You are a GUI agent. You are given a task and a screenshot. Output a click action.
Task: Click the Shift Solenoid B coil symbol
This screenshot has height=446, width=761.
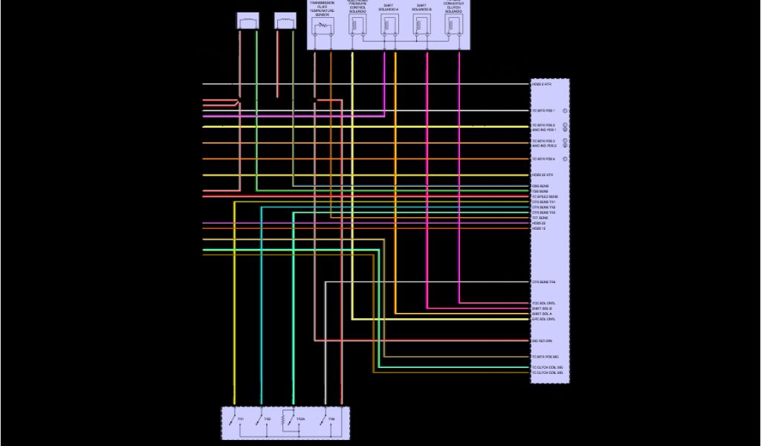(x=421, y=25)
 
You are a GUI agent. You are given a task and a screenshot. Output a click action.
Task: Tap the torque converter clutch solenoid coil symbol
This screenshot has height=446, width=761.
(x=453, y=25)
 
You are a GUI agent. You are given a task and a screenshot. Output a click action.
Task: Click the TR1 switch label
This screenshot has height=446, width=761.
(x=240, y=420)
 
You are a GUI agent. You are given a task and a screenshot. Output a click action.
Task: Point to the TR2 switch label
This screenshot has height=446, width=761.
(x=268, y=420)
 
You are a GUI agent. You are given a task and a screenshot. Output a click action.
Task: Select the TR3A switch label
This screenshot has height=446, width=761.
(x=300, y=420)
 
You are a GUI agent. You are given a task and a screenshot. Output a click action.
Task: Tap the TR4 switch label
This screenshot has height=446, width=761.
(x=331, y=420)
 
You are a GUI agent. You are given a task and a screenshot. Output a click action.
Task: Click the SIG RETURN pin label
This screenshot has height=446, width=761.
(x=542, y=341)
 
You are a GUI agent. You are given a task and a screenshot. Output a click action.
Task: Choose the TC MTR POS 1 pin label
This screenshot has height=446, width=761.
(x=543, y=111)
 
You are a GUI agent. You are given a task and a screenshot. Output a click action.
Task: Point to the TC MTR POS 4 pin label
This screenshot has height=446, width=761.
(x=543, y=159)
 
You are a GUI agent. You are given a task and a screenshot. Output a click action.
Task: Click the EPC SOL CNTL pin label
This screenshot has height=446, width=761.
(x=543, y=319)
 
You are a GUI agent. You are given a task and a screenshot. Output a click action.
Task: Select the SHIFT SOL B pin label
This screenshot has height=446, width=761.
(x=542, y=308)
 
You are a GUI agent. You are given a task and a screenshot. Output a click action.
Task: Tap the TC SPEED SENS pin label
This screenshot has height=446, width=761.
(x=544, y=196)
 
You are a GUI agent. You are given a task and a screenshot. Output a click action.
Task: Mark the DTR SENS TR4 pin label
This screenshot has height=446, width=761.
(x=543, y=282)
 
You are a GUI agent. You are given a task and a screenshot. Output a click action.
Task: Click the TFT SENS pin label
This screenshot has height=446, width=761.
(x=540, y=218)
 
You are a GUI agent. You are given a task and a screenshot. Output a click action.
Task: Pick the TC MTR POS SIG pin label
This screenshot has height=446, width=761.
(x=545, y=357)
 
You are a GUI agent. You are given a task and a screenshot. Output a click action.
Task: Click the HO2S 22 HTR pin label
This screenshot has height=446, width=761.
(x=543, y=175)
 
